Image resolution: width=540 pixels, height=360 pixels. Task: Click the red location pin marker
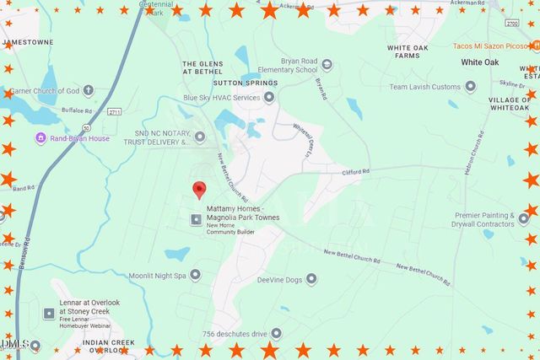(199, 190)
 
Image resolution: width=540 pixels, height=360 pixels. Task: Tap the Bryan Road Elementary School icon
(327, 65)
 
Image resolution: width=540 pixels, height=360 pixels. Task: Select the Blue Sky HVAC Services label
(222, 98)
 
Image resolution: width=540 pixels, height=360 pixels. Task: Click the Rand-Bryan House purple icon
(40, 138)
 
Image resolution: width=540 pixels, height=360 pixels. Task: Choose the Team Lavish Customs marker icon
(471, 87)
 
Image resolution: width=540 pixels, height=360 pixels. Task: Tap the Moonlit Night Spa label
(157, 275)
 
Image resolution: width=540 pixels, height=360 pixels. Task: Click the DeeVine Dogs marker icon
(311, 278)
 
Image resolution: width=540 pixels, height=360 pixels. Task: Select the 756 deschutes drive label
(235, 334)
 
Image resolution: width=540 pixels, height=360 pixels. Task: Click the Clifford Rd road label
(355, 172)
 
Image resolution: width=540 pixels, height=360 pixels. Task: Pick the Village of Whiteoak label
(510, 104)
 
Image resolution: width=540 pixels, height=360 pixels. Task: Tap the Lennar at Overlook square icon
(49, 313)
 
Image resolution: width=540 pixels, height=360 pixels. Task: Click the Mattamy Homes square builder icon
(196, 220)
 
